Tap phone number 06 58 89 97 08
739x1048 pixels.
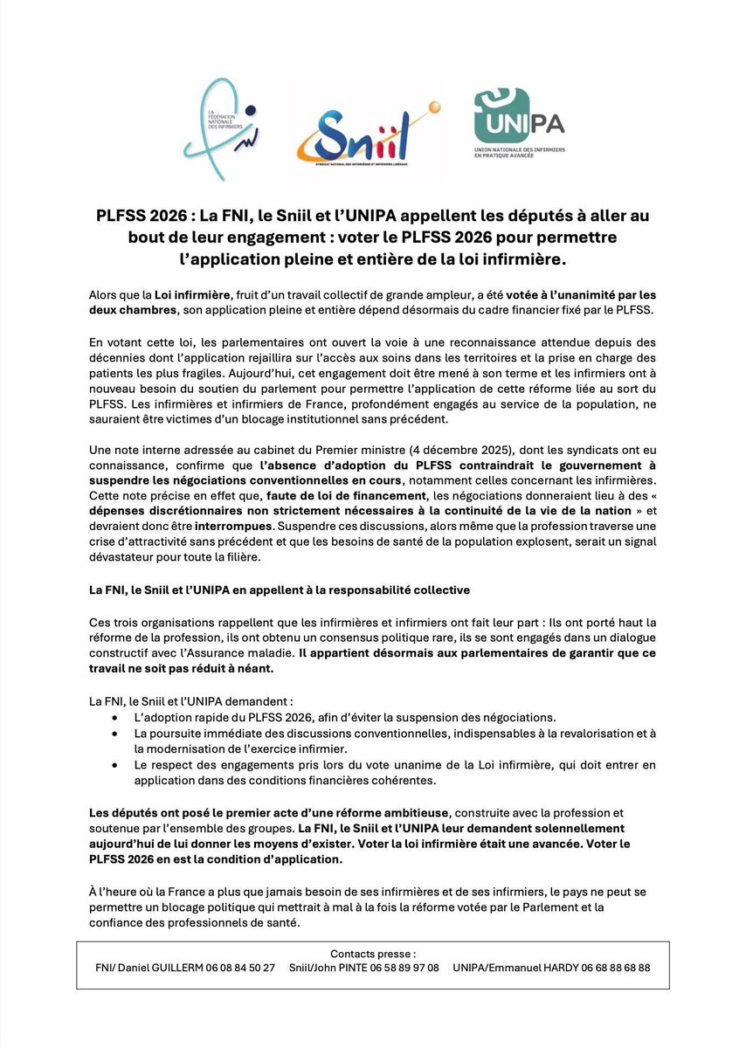tap(399, 968)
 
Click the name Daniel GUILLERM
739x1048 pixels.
tap(157, 968)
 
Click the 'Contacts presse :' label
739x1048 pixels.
tap(373, 953)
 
